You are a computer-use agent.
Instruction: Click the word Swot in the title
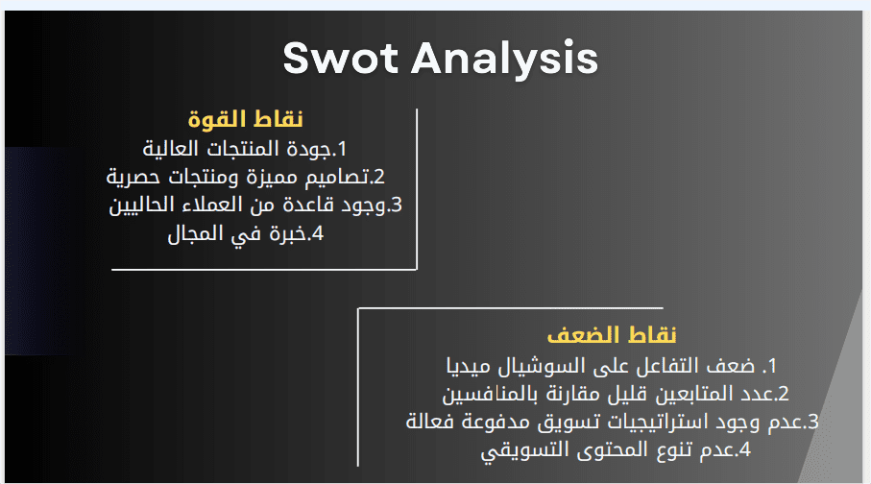click(341, 58)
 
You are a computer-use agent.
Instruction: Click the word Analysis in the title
click(504, 59)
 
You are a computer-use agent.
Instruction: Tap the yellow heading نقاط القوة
click(245, 119)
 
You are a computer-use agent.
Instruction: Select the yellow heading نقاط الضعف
click(612, 335)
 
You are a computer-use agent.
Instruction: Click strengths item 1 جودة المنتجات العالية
click(245, 149)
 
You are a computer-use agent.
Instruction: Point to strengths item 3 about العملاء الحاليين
click(255, 206)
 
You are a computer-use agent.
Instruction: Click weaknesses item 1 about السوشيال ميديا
click(611, 366)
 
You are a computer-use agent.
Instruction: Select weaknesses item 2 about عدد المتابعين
click(616, 394)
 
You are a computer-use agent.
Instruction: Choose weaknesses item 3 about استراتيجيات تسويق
click(612, 422)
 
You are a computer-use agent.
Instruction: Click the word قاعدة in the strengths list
click(309, 206)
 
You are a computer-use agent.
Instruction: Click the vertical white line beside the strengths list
click(417, 189)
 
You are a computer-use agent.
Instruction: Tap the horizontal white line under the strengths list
click(264, 270)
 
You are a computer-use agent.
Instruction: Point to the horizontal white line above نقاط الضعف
click(511, 308)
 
